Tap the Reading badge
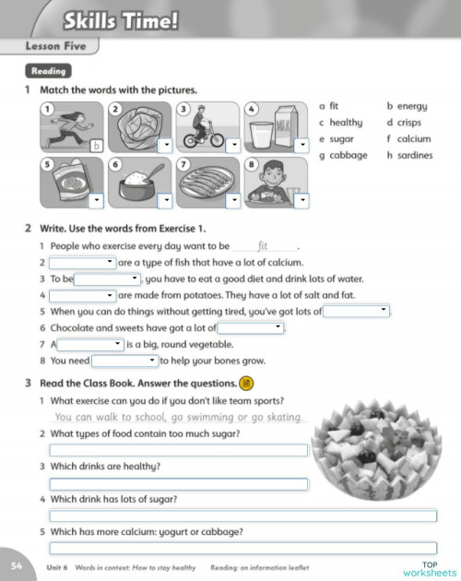coord(49,71)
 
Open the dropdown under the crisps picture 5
coord(97,199)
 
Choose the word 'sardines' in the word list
coord(415,155)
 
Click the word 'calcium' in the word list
coord(414,138)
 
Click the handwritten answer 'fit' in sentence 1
coord(264,246)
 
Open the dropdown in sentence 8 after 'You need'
coord(125,361)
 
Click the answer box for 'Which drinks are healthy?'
coord(178,483)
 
